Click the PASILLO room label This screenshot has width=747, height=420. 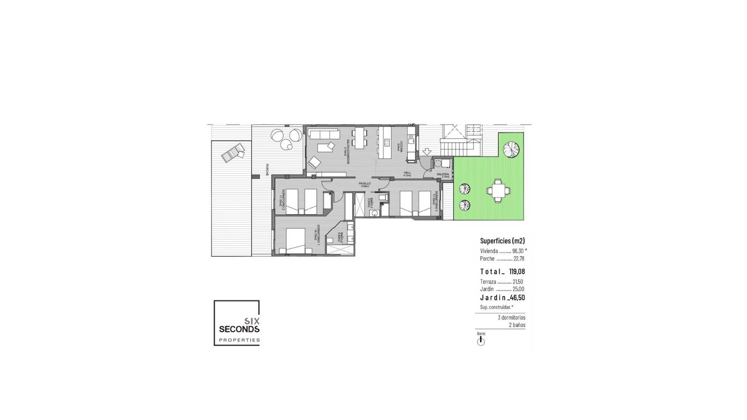point(365,184)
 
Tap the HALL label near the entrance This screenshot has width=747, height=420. point(407,173)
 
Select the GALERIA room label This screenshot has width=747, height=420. point(443,174)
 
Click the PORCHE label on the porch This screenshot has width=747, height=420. point(267,170)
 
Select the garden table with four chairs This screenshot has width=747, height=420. point(498,191)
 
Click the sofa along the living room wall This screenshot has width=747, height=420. point(323,134)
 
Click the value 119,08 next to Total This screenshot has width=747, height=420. point(517,271)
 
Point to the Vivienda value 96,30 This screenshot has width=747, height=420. point(518,251)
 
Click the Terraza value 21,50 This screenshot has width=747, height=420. point(518,282)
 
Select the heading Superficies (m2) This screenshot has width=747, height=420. point(502,241)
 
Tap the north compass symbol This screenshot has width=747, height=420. point(481,341)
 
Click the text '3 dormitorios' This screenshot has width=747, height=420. point(511,318)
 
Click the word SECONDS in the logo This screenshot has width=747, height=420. point(239,329)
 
